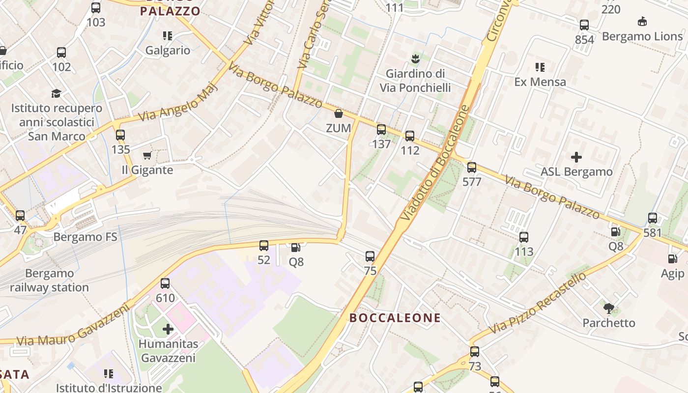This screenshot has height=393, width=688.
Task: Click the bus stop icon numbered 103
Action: coord(96,8)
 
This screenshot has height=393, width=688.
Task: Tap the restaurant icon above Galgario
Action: coord(168,36)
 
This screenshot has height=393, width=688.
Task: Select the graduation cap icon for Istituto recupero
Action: coord(57,93)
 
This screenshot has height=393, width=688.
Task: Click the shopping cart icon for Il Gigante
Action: coord(147,156)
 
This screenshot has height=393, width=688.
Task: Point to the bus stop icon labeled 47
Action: coord(20,215)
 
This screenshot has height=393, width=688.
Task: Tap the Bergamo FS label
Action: coord(86,237)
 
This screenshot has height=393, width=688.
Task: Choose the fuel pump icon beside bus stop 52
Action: coord(295,248)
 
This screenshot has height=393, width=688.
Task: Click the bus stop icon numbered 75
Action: coord(370,256)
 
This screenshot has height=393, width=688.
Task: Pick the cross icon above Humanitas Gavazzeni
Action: coord(168,329)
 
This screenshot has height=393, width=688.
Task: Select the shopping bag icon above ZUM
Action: coord(339,114)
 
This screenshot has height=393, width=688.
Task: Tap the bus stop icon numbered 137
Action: coord(381,130)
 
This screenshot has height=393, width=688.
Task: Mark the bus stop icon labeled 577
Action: coord(472,168)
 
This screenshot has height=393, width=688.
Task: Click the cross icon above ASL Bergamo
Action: coord(576,157)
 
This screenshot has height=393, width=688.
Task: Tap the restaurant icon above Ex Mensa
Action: coord(540,67)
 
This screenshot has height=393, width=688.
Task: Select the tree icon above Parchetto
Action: coord(609,309)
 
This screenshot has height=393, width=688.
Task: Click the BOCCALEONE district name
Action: coord(395,318)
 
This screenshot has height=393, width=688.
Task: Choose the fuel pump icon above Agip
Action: coord(672,259)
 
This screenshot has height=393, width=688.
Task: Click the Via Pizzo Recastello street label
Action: coord(538,302)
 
